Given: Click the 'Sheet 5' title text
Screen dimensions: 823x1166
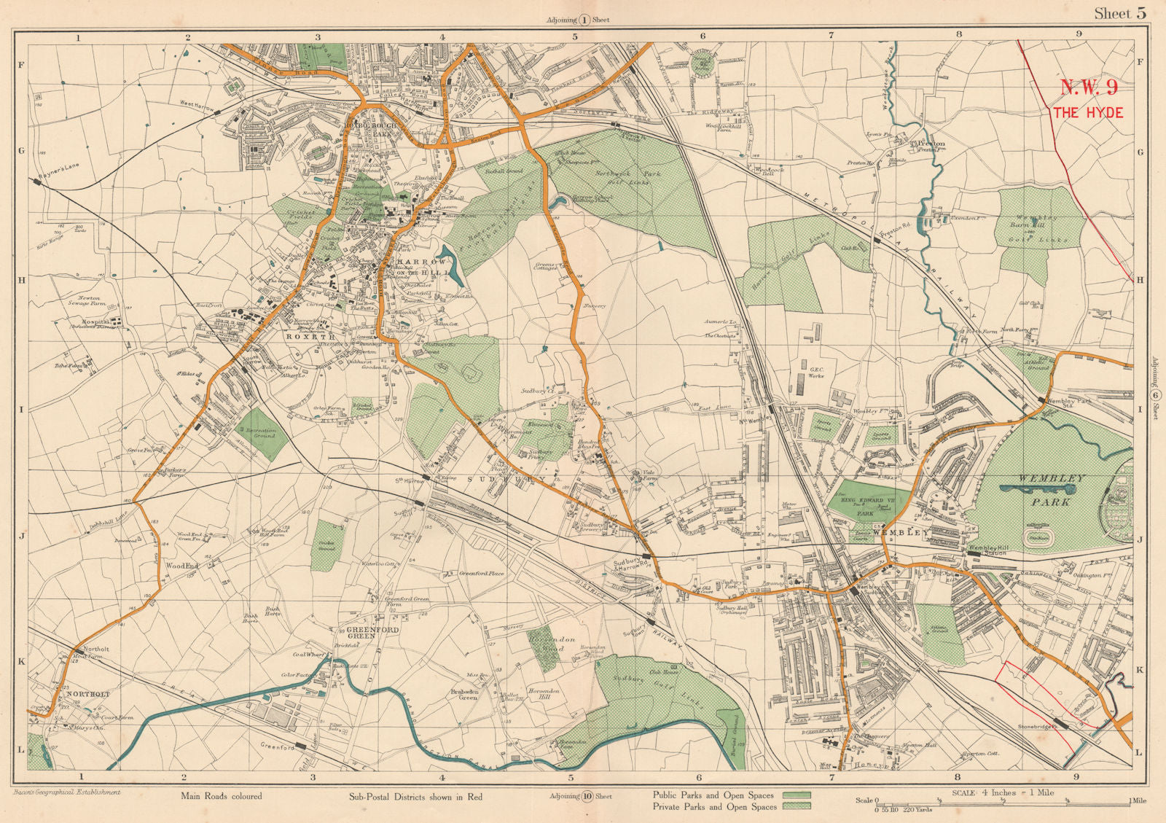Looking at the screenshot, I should coord(1120,13).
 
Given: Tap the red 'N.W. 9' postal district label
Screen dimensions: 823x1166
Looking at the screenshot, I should coord(1088,88).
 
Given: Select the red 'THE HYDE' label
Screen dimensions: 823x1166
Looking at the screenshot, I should coord(1087,113).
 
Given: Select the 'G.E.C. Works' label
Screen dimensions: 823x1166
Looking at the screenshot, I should coord(816,374).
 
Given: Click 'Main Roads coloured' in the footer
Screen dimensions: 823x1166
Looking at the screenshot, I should coord(221,796).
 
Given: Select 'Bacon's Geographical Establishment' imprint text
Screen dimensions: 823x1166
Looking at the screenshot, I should coord(66,792).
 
